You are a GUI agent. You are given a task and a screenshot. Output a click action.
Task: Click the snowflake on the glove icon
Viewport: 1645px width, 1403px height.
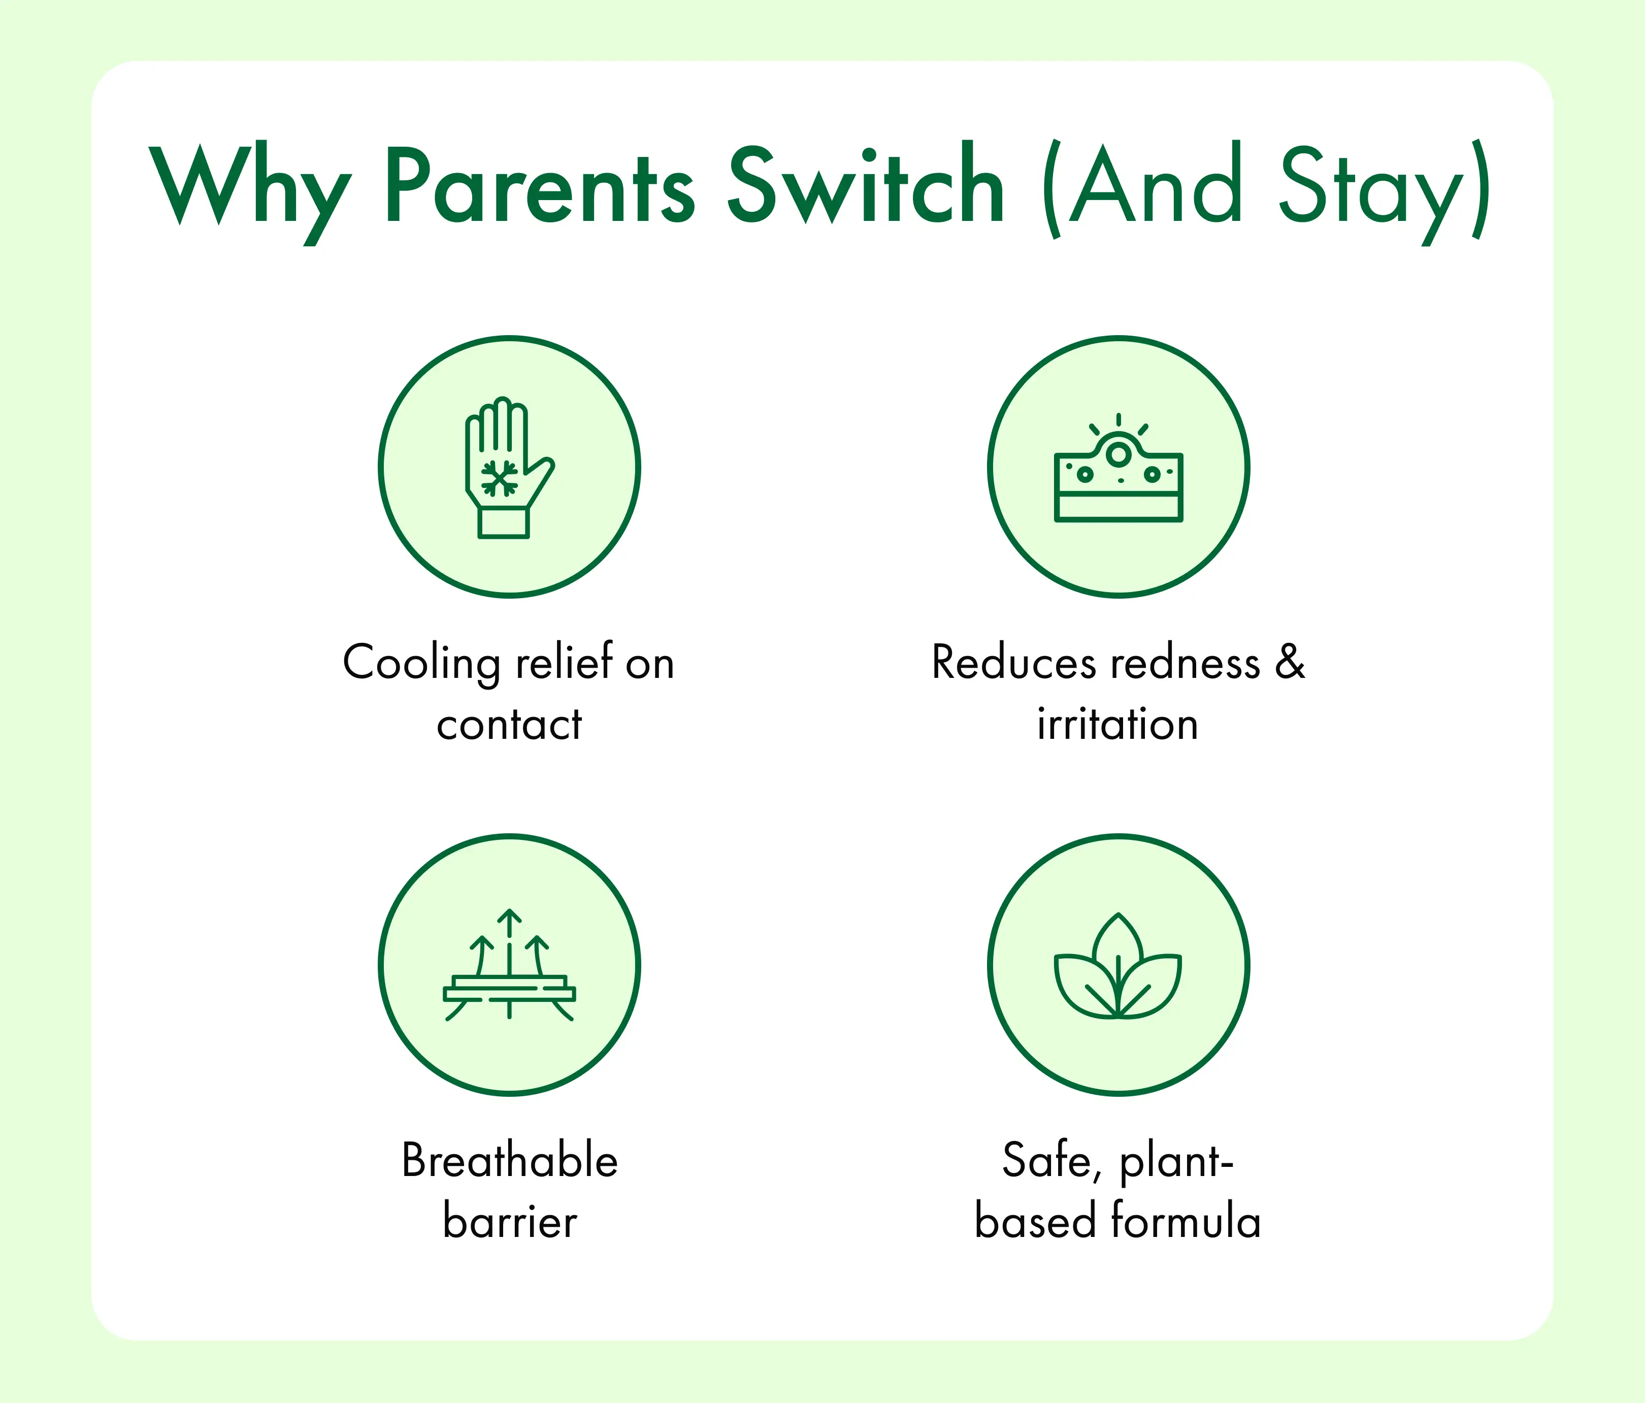pyautogui.click(x=500, y=478)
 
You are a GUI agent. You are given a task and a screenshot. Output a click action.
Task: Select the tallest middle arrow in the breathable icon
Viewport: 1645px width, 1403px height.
pyautogui.click(x=509, y=963)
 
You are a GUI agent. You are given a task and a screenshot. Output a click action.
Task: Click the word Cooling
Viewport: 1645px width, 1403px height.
pyautogui.click(x=421, y=664)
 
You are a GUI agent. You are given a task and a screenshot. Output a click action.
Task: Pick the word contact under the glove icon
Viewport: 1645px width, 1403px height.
pyautogui.click(x=509, y=724)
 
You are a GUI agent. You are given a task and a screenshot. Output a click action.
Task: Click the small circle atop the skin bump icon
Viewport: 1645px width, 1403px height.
pyautogui.click(x=1118, y=454)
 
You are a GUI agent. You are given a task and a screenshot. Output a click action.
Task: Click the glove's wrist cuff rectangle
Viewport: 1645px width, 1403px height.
pyautogui.click(x=503, y=523)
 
